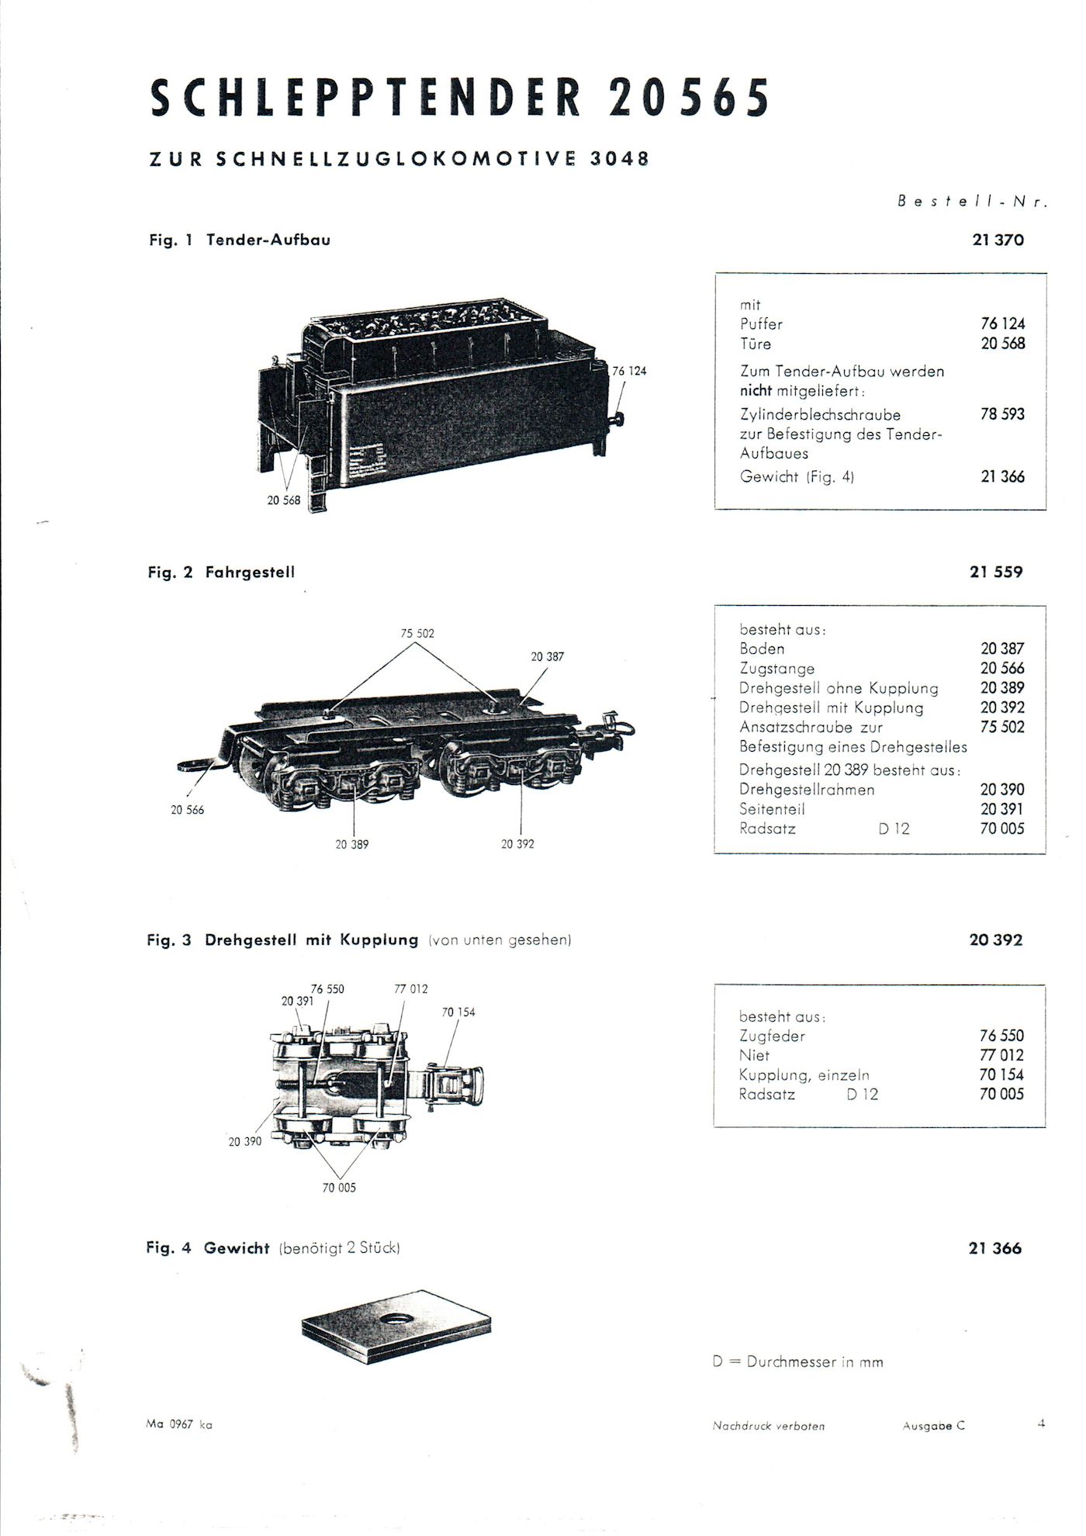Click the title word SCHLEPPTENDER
click(365, 99)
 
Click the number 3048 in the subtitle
click(619, 158)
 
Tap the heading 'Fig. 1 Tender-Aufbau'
click(240, 240)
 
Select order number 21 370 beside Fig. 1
click(998, 240)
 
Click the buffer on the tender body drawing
click(617, 419)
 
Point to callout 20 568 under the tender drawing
click(283, 500)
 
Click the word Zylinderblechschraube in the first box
click(820, 415)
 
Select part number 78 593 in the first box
click(1002, 414)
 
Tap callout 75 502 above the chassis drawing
click(417, 633)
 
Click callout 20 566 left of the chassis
click(188, 810)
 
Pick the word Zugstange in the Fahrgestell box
click(776, 669)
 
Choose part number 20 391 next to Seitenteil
click(1002, 809)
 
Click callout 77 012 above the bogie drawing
click(411, 989)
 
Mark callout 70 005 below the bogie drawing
click(339, 1188)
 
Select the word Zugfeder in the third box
click(772, 1036)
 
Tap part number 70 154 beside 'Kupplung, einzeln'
click(1001, 1074)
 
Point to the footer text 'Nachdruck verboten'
click(769, 1426)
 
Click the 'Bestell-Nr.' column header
click(973, 201)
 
